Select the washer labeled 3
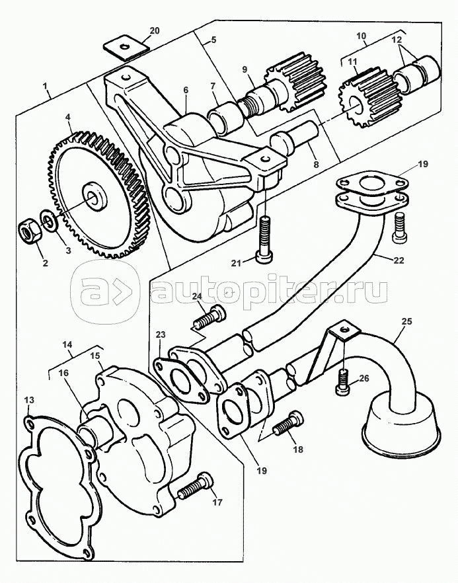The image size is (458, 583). (47, 219)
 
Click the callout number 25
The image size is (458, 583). (407, 322)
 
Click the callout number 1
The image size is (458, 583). (45, 87)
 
